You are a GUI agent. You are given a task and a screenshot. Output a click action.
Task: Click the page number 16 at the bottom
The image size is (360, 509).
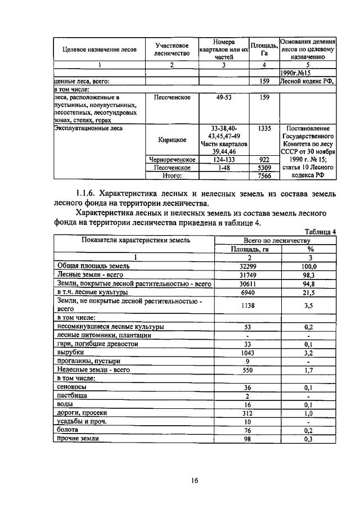[x=195, y=480]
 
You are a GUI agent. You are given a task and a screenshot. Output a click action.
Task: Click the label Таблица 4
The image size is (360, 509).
[x=319, y=231]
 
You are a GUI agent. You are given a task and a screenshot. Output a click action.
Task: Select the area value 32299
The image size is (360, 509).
[x=247, y=266]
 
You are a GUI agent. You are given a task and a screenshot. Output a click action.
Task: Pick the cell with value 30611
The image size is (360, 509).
[x=247, y=284]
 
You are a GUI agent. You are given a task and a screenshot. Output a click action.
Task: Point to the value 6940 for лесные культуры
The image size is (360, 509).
[x=247, y=293]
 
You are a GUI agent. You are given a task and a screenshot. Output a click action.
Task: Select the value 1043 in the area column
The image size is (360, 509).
[x=247, y=352]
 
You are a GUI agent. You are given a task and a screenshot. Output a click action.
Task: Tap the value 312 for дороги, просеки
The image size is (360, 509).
[x=247, y=412]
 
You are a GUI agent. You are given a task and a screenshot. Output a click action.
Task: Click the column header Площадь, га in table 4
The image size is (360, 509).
[x=247, y=249]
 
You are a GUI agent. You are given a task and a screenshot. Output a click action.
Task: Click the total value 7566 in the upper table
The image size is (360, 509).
[x=264, y=176]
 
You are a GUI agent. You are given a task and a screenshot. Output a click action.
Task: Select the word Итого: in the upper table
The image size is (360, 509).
[x=172, y=176]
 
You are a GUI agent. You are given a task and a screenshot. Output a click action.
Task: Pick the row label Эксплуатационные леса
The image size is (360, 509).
[x=88, y=128]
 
